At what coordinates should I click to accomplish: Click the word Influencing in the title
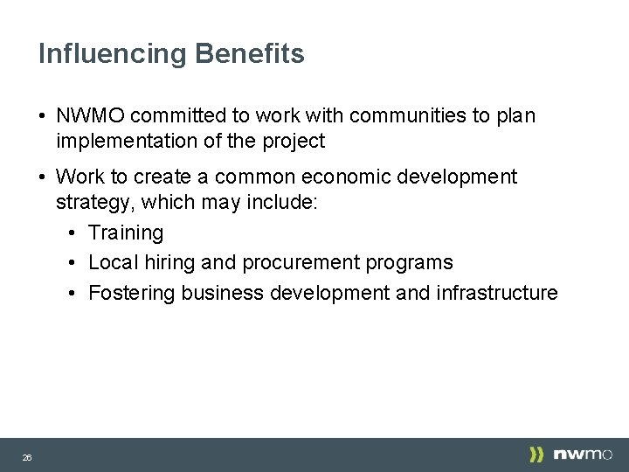(112, 54)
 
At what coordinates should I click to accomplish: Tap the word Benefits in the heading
(250, 54)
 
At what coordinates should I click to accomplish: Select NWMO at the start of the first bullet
(92, 115)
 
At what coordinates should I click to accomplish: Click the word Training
(126, 233)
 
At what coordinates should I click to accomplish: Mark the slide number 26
(27, 457)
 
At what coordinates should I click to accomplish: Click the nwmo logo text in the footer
(584, 455)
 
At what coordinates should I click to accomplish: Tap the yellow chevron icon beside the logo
(536, 455)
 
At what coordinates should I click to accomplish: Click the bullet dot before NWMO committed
(42, 116)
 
